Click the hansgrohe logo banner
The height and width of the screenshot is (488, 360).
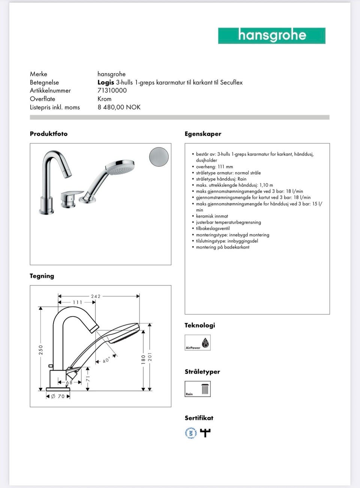tap(271, 36)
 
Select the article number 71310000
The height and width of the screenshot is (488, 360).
tap(112, 90)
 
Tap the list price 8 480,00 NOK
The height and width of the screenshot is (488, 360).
tap(119, 107)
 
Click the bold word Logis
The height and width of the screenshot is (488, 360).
tap(106, 83)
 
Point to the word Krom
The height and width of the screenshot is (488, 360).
tap(104, 99)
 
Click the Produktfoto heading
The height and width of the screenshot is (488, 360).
tap(49, 134)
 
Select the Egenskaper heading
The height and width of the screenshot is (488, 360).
tap(203, 134)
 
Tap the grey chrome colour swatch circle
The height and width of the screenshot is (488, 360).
tap(159, 157)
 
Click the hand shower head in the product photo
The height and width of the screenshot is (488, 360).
tap(120, 167)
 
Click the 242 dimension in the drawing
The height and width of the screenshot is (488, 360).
tap(96, 296)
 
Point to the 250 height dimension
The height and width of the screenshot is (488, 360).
tap(41, 350)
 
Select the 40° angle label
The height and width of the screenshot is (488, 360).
tap(106, 360)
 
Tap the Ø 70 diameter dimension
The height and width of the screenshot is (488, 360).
tap(58, 396)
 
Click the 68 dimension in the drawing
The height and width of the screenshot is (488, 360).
tap(69, 382)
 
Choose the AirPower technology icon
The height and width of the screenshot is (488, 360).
tap(198, 342)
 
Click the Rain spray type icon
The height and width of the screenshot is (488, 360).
tap(198, 389)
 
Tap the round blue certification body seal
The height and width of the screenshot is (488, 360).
tap(190, 433)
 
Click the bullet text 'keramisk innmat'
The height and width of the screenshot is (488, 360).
tap(212, 216)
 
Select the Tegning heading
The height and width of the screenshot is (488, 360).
tap(42, 276)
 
